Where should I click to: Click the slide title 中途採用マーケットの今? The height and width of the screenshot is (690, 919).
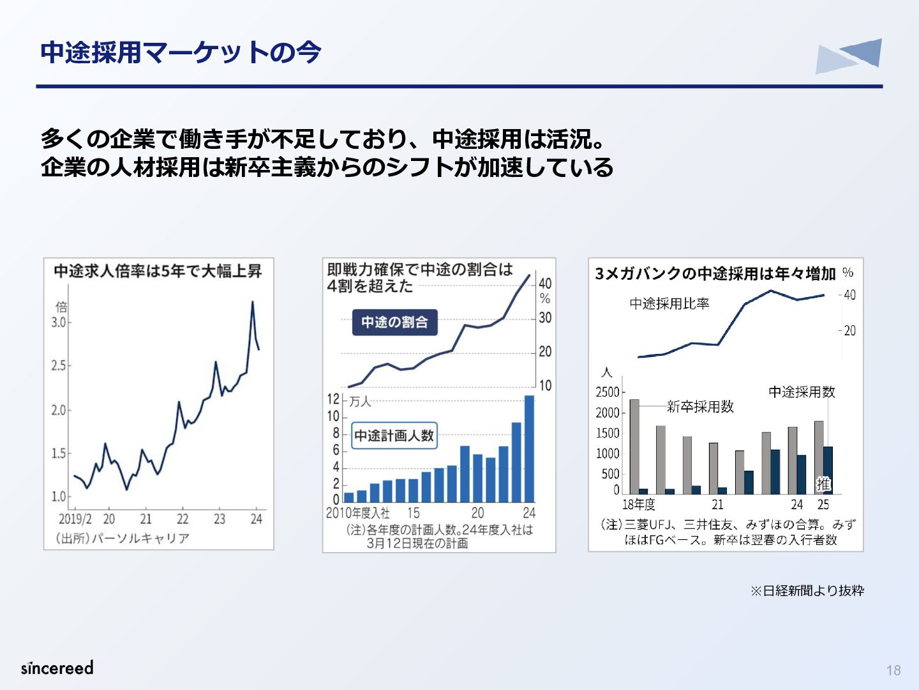(x=181, y=53)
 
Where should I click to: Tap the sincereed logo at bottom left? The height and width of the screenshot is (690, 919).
(x=57, y=668)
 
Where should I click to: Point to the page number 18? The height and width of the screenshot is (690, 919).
(x=893, y=670)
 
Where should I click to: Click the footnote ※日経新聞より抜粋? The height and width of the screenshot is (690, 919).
(x=807, y=591)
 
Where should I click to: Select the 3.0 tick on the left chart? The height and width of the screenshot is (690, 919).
(x=59, y=323)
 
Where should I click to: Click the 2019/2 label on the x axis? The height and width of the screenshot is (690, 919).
(x=75, y=519)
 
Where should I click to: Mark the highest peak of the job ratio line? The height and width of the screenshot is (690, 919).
(x=253, y=302)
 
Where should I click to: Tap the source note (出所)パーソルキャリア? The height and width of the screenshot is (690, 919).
(x=123, y=538)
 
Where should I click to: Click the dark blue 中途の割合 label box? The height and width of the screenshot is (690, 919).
(x=395, y=322)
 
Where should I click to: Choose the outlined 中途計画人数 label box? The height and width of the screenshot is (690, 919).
(x=394, y=436)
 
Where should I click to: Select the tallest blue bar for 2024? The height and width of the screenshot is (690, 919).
(x=529, y=448)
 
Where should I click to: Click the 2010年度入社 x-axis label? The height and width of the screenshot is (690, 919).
(x=357, y=513)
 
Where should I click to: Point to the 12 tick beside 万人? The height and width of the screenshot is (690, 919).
(x=333, y=399)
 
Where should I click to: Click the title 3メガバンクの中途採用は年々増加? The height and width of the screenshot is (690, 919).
(x=715, y=273)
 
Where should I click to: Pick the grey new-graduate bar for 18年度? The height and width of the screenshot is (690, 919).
(x=634, y=447)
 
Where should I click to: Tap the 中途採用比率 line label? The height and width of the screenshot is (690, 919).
(x=669, y=303)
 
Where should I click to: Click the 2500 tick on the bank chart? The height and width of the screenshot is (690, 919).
(x=608, y=392)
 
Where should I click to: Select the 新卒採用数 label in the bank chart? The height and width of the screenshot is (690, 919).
(x=700, y=406)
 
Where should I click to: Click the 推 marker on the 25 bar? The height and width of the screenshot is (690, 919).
(x=823, y=484)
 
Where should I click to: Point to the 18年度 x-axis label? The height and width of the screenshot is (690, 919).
(x=638, y=505)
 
